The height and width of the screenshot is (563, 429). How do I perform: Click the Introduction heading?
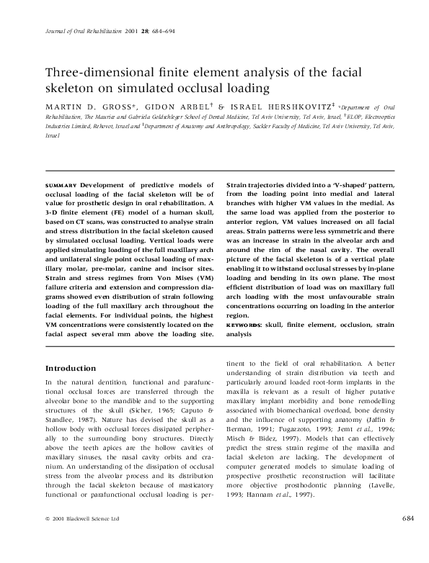[x=71, y=368]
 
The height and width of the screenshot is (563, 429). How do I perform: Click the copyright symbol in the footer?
[x=47, y=538]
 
